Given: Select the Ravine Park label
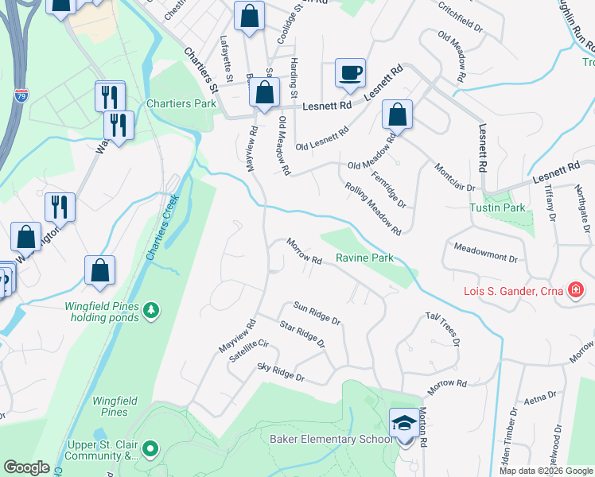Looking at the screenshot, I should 364,258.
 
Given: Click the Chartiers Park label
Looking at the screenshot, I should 181,104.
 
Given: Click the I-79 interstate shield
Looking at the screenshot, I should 19,96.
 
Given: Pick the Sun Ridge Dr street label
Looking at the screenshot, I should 317,313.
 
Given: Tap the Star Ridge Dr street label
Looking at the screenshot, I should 302,334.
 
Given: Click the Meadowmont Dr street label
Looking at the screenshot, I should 485,254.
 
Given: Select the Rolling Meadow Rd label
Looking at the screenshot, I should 373,208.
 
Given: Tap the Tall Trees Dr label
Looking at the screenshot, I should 443,326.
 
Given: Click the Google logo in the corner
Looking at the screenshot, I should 26,467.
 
